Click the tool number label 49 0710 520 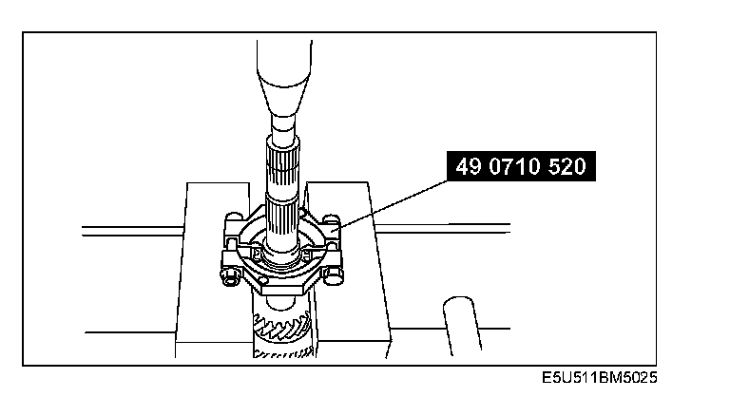521,166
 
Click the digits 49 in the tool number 468,166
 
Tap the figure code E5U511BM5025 599,377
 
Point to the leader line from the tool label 392,204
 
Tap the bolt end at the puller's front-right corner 336,275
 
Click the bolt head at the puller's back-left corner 234,217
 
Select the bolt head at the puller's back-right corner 331,218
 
